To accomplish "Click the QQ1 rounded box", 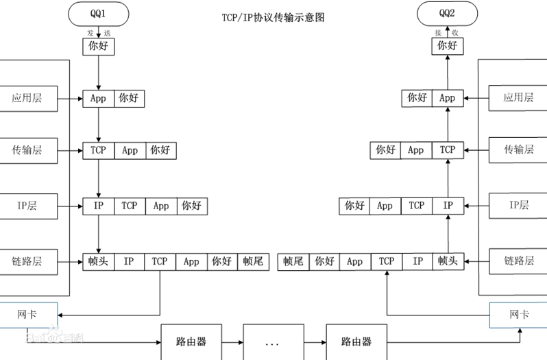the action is point(99,14).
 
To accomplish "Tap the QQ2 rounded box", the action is point(447,14).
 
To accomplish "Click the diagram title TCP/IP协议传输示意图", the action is point(273,17).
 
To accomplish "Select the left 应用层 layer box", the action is point(29,99).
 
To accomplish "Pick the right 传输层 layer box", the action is point(518,150).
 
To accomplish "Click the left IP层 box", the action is point(29,206).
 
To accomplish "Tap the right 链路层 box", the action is point(518,261).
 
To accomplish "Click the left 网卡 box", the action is point(29,315).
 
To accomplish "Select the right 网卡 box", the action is point(518,315).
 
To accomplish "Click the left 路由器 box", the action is point(191,342).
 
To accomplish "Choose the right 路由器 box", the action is point(356,342).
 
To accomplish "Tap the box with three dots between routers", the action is point(273,342).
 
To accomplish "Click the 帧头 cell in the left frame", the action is point(98,262).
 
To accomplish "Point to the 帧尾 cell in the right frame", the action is point(293,262).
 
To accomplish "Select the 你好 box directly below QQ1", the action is point(99,47).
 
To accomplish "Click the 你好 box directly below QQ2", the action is point(448,46).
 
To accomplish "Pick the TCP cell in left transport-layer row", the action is point(99,151).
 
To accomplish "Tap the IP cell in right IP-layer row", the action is point(448,206).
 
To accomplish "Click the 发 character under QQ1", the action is point(90,33).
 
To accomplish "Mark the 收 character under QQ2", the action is point(455,33).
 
